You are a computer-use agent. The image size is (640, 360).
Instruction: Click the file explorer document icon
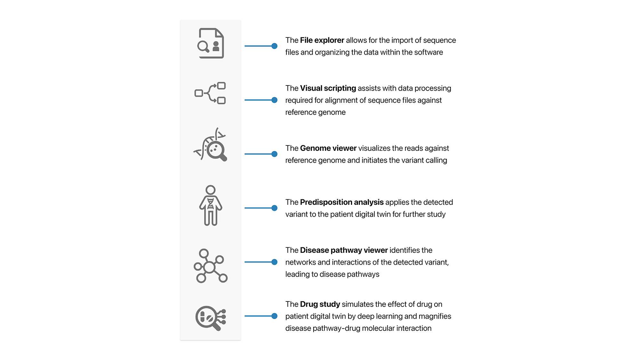(211, 43)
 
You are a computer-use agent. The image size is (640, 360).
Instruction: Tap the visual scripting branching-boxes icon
(210, 93)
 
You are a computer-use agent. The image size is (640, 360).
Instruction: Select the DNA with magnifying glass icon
(210, 145)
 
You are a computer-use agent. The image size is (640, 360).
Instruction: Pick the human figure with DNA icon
(210, 205)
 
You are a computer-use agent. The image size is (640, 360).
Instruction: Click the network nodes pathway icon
(210, 266)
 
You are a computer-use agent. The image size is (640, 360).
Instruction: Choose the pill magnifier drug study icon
(210, 318)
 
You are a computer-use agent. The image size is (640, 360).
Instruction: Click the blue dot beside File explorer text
(274, 46)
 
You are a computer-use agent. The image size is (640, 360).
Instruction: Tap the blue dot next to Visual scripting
(274, 100)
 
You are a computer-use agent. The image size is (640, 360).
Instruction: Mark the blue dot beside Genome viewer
(274, 154)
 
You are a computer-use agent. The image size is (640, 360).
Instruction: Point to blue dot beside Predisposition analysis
(274, 208)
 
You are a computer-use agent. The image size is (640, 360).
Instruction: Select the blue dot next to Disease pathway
(274, 262)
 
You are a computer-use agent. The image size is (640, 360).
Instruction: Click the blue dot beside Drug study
(274, 316)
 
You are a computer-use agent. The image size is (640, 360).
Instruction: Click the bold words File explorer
(322, 40)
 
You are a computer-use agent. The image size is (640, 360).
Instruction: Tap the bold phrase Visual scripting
(328, 88)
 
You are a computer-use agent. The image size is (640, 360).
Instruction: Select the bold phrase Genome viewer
(328, 148)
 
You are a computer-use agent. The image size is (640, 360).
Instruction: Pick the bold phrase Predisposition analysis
(341, 202)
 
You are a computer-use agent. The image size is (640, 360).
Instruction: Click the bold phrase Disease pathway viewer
(344, 250)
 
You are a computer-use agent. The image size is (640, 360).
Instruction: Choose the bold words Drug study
(320, 304)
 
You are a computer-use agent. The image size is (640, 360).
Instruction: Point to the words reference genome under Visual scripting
(315, 112)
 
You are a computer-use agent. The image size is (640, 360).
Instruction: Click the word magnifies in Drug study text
(435, 316)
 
